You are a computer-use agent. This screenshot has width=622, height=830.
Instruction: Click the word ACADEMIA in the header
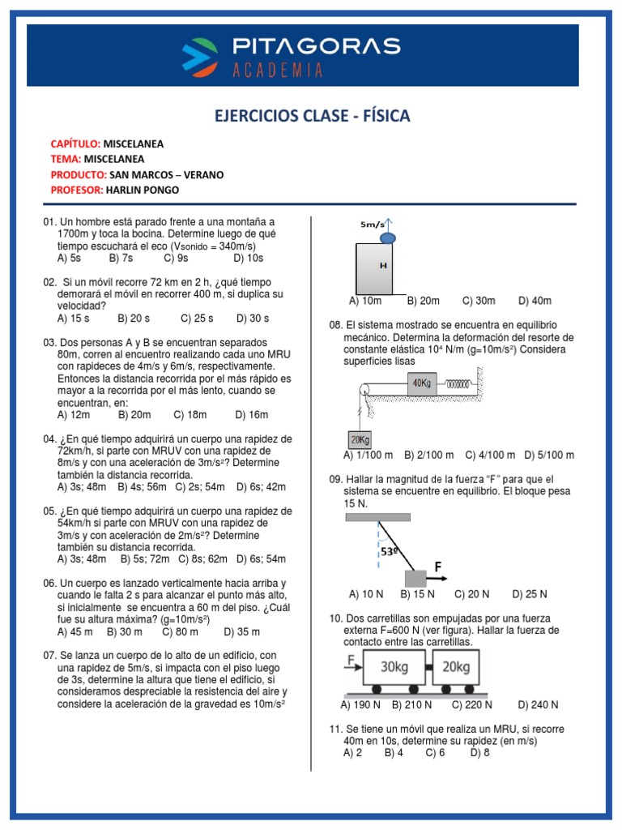pos(278,71)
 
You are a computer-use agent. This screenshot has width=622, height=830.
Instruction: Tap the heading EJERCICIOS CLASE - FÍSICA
pos(312,117)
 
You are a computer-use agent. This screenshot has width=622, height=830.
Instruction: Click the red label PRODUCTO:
pos(78,174)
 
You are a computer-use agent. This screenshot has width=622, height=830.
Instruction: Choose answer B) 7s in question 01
pos(120,258)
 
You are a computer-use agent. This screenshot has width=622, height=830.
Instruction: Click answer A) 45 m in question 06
pos(75,631)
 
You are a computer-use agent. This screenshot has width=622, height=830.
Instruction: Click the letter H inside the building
pos(383,265)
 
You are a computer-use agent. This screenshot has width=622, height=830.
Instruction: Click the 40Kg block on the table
pos(422,383)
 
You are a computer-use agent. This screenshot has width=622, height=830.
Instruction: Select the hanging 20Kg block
pos(357,439)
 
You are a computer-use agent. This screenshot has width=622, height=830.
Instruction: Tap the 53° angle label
pos(390,553)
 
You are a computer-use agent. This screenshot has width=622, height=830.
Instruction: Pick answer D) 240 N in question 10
pos(538,705)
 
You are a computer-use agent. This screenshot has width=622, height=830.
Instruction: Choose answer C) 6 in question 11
pos(436,752)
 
